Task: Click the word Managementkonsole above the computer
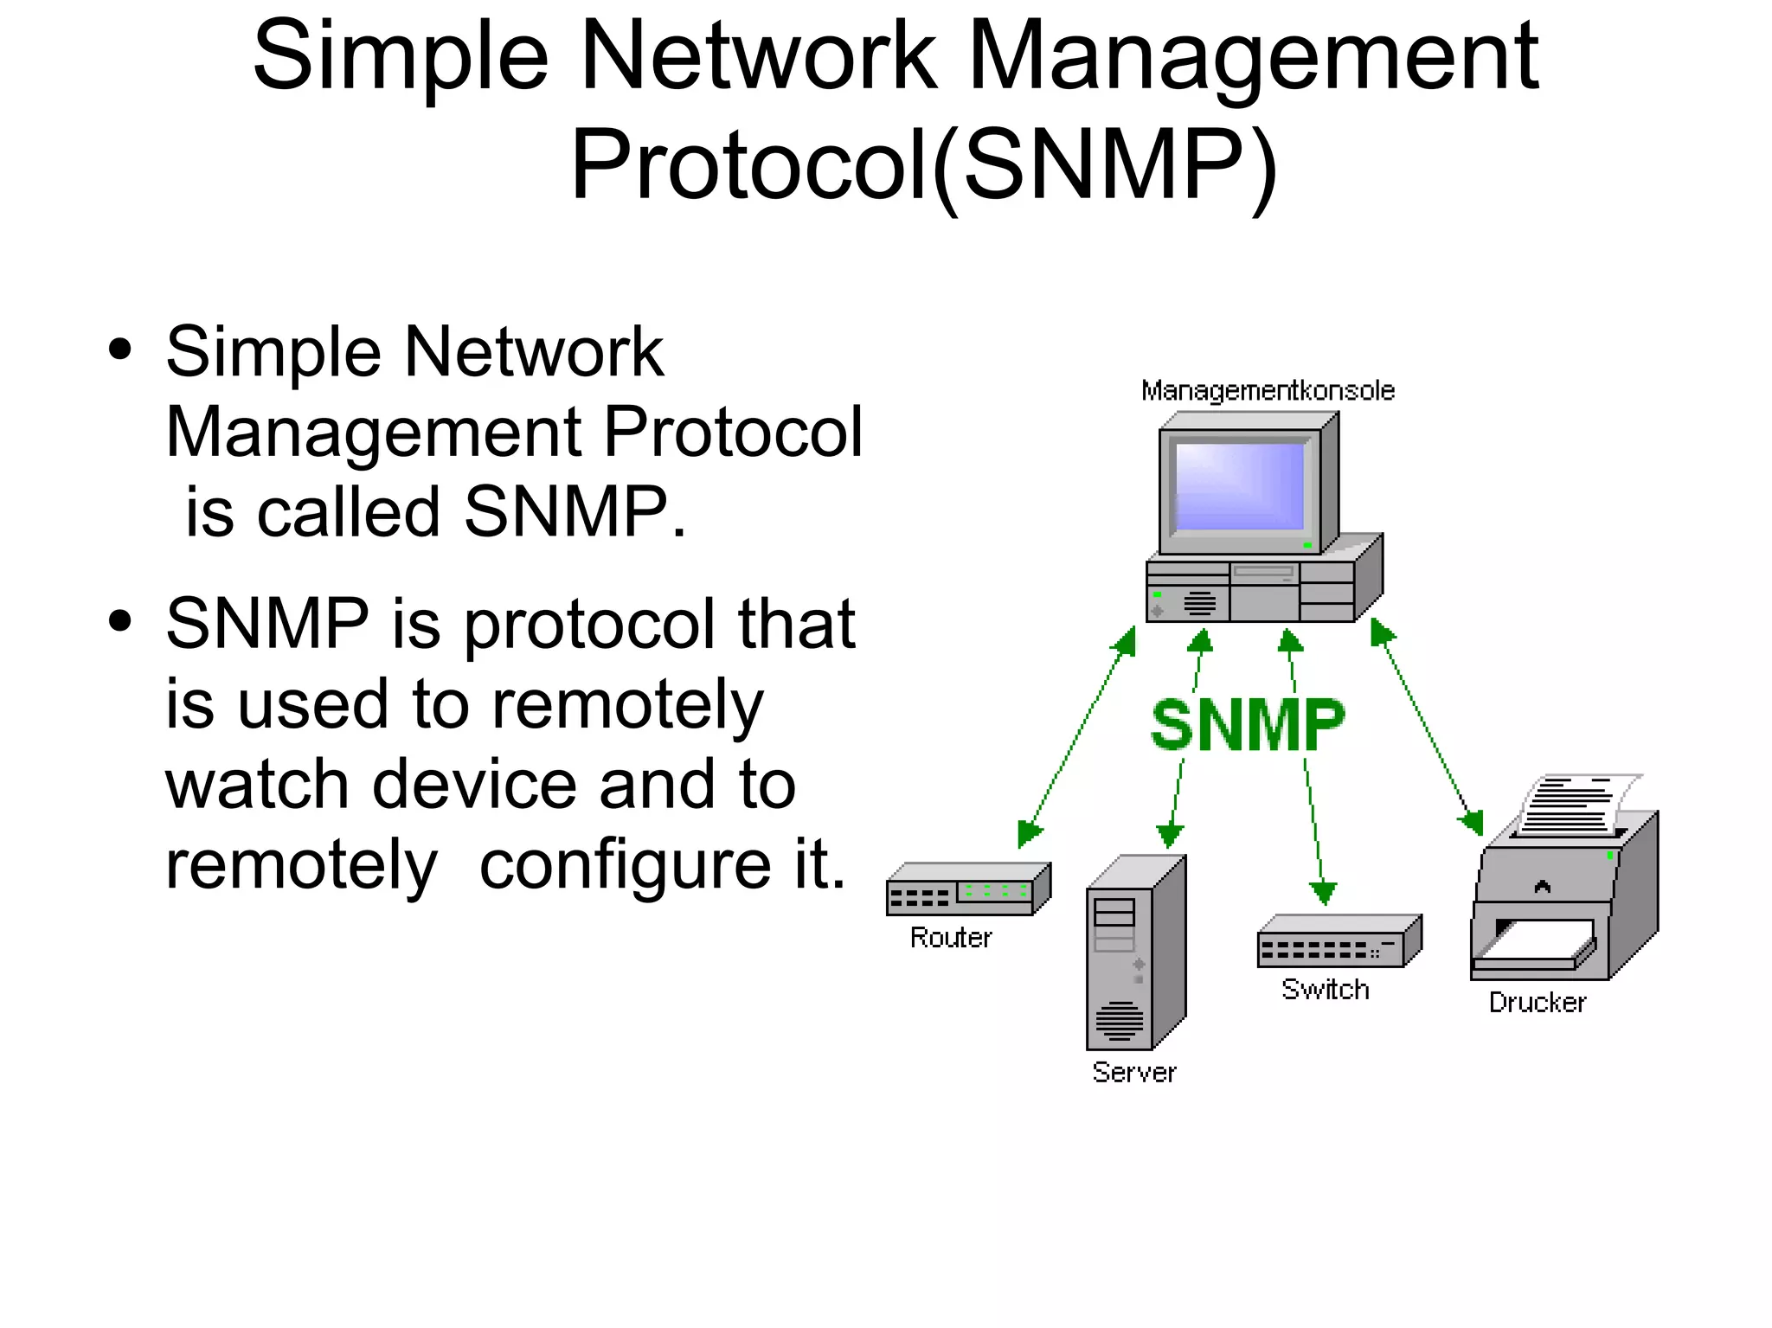(x=1268, y=391)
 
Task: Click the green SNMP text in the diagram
(x=1248, y=725)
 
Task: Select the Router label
(x=951, y=938)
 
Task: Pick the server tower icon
(x=1134, y=953)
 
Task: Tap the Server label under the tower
(x=1133, y=1073)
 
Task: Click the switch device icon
(x=1338, y=941)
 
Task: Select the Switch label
(x=1326, y=990)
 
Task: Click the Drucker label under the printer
(x=1538, y=1003)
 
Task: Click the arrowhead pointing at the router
(x=1030, y=831)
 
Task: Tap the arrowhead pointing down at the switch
(x=1323, y=892)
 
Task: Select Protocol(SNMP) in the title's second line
(x=923, y=165)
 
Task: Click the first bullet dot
(x=120, y=350)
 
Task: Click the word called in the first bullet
(x=349, y=511)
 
